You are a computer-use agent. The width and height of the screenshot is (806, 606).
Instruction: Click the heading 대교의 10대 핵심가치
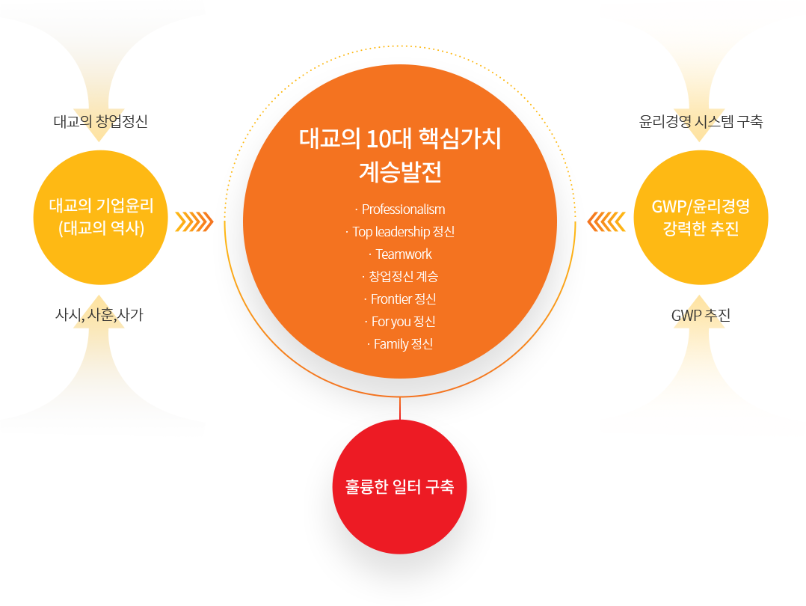click(400, 139)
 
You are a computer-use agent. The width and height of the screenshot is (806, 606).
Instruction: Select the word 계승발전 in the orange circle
click(400, 172)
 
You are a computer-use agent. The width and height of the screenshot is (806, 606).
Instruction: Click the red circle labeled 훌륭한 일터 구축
click(400, 487)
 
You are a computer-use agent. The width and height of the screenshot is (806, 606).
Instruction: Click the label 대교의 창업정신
click(100, 121)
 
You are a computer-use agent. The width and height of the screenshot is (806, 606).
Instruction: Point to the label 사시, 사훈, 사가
click(99, 316)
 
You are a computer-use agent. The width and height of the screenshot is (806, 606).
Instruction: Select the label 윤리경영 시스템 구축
click(701, 121)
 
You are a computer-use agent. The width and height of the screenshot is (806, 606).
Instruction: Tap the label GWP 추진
click(701, 316)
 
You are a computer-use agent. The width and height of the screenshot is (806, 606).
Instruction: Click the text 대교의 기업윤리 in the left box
click(101, 206)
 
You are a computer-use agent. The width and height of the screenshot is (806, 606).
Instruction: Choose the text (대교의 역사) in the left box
click(101, 229)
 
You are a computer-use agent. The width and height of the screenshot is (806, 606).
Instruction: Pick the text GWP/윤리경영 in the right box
click(701, 206)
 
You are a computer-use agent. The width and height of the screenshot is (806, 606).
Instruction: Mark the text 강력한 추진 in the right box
click(701, 229)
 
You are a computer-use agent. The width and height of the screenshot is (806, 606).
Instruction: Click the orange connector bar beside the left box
click(194, 221)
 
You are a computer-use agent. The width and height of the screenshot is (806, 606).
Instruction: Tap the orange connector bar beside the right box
click(606, 221)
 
